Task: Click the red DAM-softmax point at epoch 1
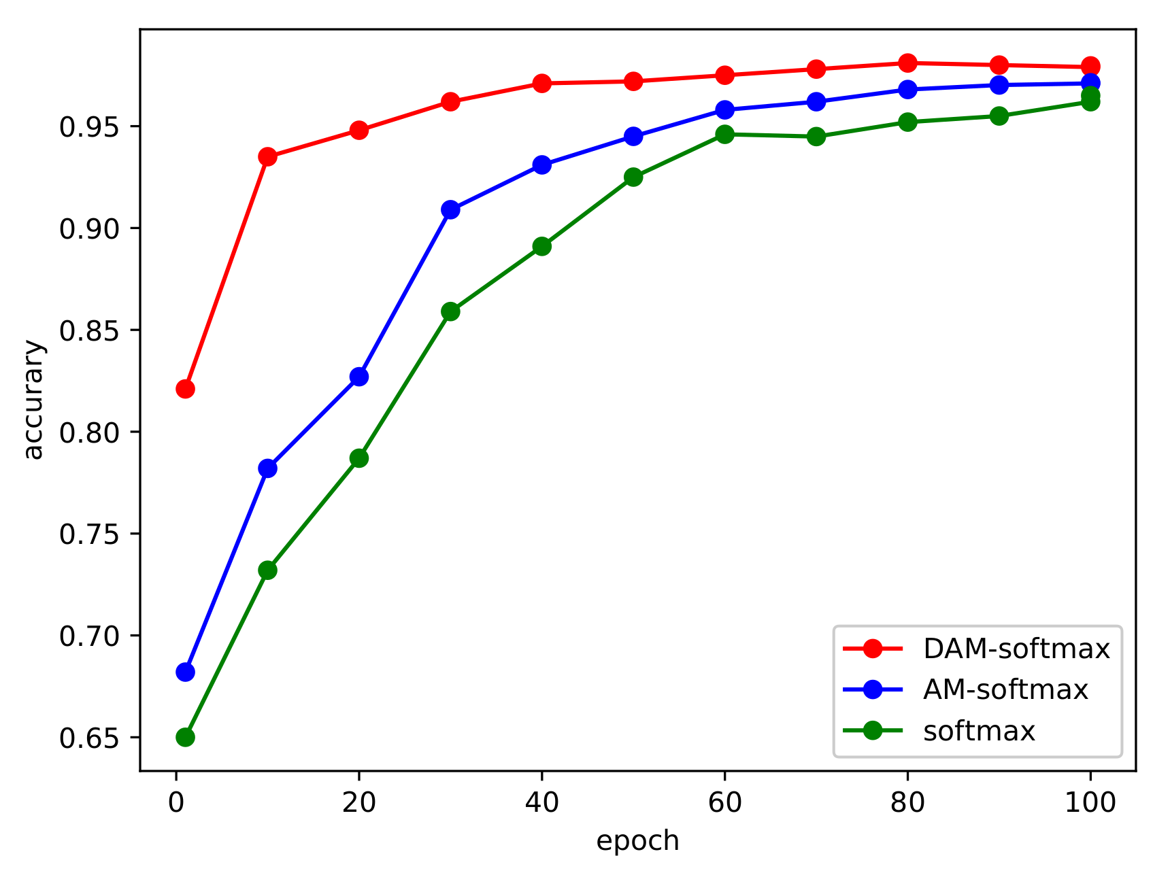point(185,389)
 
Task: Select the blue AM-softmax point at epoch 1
point(185,672)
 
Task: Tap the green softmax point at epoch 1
point(185,737)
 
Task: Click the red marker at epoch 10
point(267,156)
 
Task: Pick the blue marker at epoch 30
point(450,209)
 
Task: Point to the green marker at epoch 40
point(541,246)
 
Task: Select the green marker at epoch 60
point(724,134)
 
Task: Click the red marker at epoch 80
point(907,63)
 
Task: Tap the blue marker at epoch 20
point(359,377)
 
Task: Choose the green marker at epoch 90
point(999,116)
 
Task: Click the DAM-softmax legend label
point(1016,649)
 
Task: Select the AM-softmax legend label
point(1005,690)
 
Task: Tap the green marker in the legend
point(872,731)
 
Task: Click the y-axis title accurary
point(33,400)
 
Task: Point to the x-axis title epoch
point(637,841)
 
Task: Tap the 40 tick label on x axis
point(541,803)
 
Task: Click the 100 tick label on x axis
point(1090,803)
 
